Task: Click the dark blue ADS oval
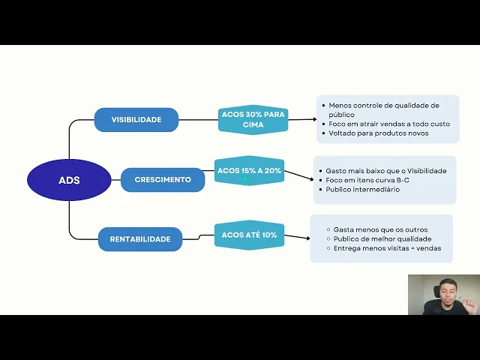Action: click(69, 180)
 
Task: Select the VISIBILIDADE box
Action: click(136, 120)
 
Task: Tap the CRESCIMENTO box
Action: click(163, 180)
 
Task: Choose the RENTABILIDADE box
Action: click(140, 239)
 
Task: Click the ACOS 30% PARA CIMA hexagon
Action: click(253, 119)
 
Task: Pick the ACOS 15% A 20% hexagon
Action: click(249, 171)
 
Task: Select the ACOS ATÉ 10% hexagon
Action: click(249, 235)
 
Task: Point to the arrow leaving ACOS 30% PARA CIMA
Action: click(302, 118)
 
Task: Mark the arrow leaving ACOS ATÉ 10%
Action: click(298, 237)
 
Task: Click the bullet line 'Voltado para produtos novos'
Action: click(379, 133)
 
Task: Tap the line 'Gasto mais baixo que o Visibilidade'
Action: click(385, 171)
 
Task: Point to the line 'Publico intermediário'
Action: click(362, 190)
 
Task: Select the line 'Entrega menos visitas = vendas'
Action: click(387, 248)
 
